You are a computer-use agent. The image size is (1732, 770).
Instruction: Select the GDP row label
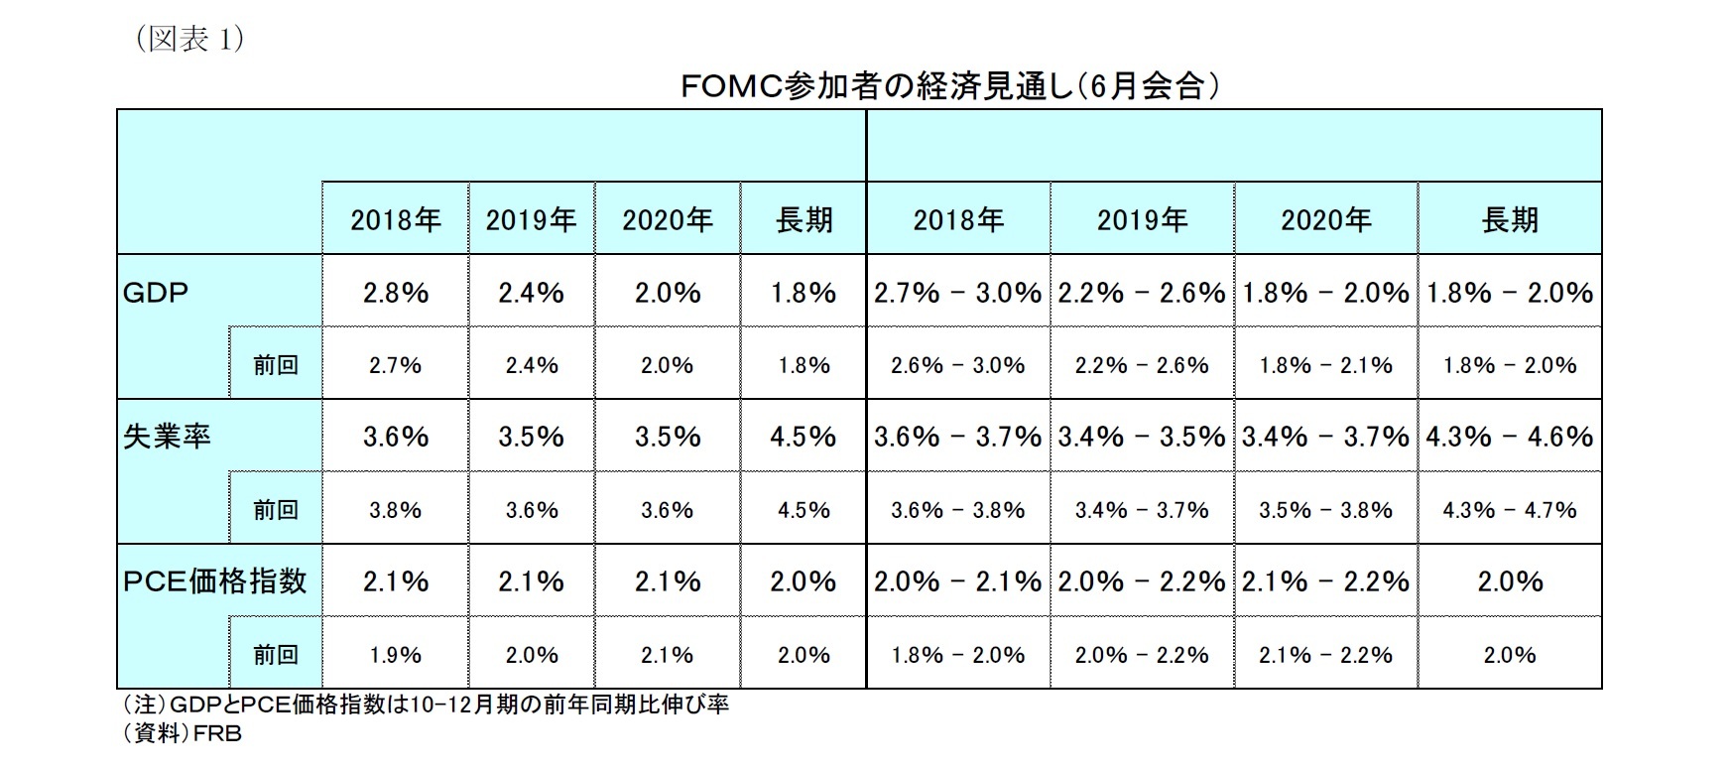pos(156,293)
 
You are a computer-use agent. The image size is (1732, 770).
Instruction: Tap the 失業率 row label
pos(168,437)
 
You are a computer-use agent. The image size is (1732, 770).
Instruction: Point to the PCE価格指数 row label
pos(215,581)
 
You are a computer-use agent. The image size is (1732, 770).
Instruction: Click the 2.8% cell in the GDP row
pos(395,293)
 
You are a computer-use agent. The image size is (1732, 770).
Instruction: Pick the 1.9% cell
pos(395,655)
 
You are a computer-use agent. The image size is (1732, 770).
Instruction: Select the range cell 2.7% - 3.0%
pos(957,293)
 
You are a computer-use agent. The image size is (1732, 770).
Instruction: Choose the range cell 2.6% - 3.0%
pos(957,365)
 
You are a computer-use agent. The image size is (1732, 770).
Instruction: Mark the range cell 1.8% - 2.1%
pos(1325,365)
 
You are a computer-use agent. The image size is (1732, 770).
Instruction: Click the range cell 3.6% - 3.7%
pos(957,437)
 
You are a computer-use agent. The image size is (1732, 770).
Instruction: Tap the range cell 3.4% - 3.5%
pos(1142,437)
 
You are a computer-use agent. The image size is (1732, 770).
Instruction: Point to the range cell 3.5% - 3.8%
pos(1325,510)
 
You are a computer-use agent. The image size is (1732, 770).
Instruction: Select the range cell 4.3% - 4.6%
pos(1510,437)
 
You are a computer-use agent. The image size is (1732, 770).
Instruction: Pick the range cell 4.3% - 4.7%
pos(1510,510)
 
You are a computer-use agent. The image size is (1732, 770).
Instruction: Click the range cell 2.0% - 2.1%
pos(957,581)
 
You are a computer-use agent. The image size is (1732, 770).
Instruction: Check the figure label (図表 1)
pos(187,40)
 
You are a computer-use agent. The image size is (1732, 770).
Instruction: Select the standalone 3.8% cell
pos(395,510)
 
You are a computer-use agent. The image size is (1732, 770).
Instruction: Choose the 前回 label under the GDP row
pos(276,365)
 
